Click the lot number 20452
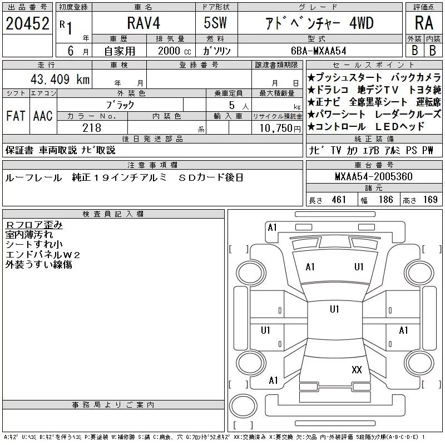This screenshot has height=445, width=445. click(27, 23)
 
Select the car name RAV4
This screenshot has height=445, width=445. click(144, 23)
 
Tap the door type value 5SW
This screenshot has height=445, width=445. click(215, 23)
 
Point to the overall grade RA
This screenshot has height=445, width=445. click(424, 23)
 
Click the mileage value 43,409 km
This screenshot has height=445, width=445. click(60, 79)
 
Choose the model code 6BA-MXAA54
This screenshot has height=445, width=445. click(319, 51)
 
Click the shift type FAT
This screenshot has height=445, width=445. click(16, 116)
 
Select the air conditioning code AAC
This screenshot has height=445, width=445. click(43, 116)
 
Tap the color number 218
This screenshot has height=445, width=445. click(92, 128)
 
